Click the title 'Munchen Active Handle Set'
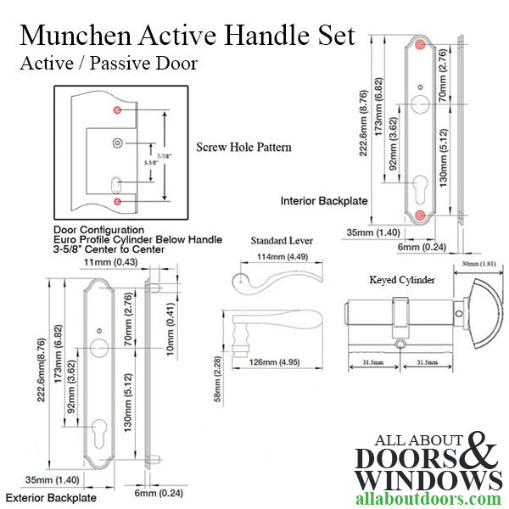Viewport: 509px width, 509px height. [187, 36]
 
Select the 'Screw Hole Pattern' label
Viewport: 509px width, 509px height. [243, 147]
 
